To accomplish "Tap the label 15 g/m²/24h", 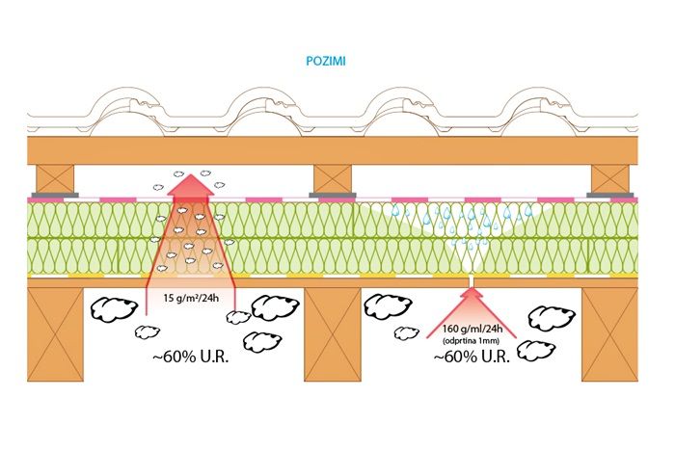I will [x=192, y=295].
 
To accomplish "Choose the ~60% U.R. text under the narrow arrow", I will [x=472, y=357].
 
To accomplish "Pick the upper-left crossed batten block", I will [x=55, y=177].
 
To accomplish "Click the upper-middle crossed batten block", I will [x=333, y=177].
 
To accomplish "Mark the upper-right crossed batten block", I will [x=609, y=177].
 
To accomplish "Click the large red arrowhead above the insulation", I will [x=192, y=185].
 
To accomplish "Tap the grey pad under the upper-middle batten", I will [x=333, y=195].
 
